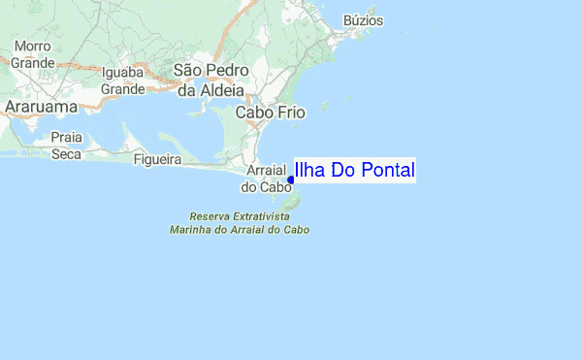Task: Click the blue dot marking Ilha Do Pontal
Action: (x=291, y=180)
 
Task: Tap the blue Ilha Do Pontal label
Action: (x=354, y=171)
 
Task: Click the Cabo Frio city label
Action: (x=271, y=113)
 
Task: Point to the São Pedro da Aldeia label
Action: (x=210, y=81)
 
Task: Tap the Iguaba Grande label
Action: (x=122, y=81)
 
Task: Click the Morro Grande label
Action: (x=32, y=54)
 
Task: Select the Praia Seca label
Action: (x=66, y=146)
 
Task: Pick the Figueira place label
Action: (x=157, y=158)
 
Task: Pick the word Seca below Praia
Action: (x=66, y=153)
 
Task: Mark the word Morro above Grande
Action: (x=32, y=47)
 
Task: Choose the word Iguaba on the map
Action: (x=122, y=72)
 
